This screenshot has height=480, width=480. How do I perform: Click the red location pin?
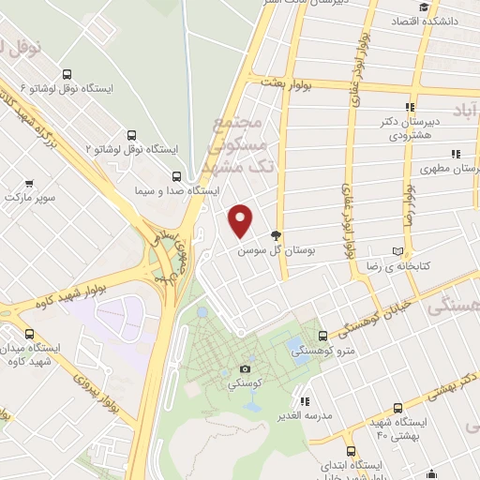[x=242, y=220]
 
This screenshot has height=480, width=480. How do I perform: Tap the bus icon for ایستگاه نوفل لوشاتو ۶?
[x=66, y=72]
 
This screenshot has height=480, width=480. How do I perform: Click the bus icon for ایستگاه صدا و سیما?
[x=177, y=175]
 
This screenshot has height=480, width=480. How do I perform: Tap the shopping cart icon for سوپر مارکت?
[x=30, y=184]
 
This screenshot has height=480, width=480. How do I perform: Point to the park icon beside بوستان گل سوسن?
[x=276, y=236]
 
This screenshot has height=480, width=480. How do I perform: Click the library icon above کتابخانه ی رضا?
[x=398, y=252]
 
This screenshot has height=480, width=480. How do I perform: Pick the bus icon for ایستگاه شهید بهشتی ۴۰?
[x=398, y=408]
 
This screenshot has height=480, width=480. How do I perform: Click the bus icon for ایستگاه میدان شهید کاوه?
[x=29, y=333]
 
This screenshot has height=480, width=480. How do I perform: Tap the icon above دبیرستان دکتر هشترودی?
[x=410, y=108]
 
